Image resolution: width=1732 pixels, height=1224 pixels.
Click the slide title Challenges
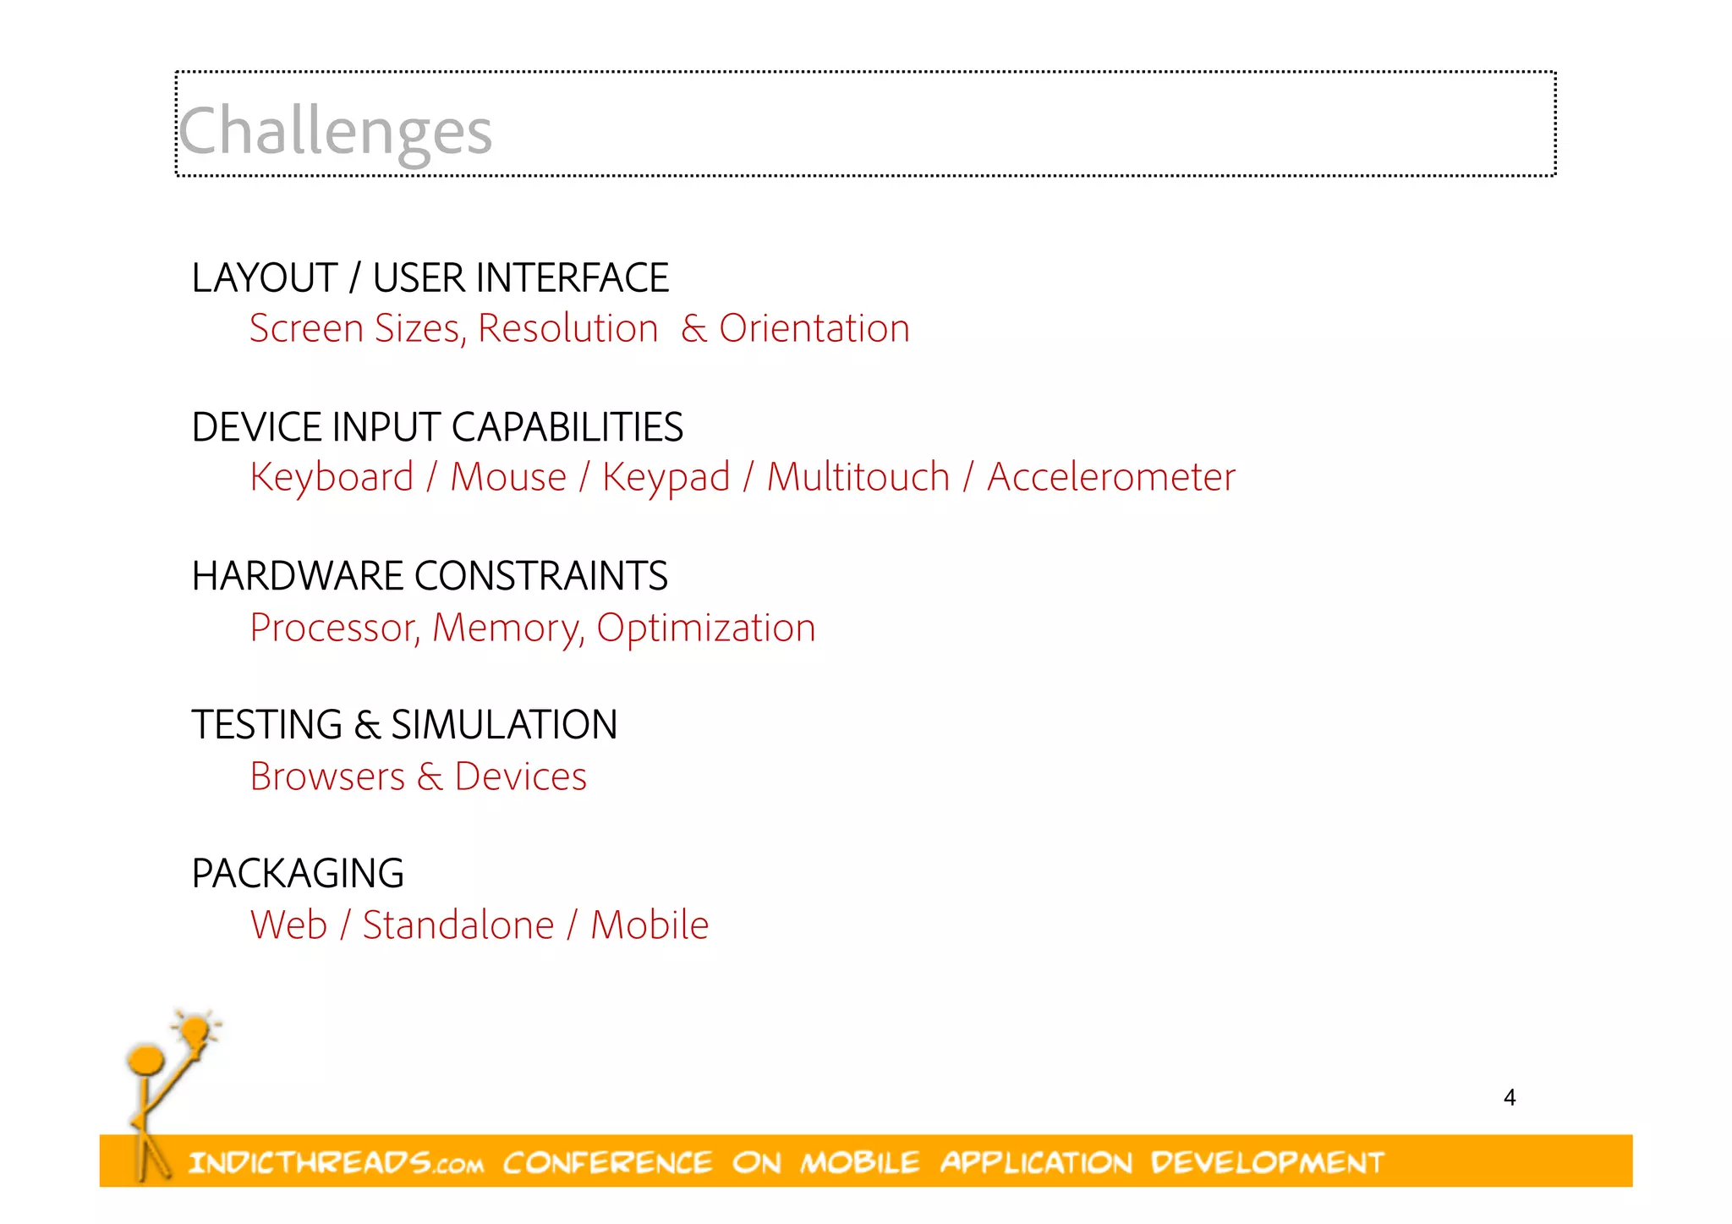coord(335,131)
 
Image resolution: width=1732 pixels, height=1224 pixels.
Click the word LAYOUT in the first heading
coord(265,278)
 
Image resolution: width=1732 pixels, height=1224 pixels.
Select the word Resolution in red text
coord(567,328)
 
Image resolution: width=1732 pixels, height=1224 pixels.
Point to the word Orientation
coord(814,328)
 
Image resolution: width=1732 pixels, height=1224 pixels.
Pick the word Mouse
coord(507,477)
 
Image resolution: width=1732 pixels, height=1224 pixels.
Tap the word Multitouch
coord(858,477)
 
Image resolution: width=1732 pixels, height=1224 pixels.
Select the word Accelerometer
coord(1110,477)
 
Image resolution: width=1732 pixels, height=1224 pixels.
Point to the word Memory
coord(507,628)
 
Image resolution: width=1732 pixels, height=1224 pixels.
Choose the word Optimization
coord(705,628)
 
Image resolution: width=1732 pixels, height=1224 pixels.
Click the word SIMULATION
coord(504,725)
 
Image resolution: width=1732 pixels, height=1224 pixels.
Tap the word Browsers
coord(327,777)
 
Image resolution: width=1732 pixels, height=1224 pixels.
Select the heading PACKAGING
coord(298,874)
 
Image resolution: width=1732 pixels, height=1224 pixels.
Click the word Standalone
coord(458,925)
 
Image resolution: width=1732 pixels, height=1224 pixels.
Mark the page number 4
coord(1510,1097)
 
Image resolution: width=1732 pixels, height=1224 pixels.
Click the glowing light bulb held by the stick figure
coord(195,1030)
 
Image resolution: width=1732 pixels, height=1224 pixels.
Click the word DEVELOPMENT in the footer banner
coord(1266,1163)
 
